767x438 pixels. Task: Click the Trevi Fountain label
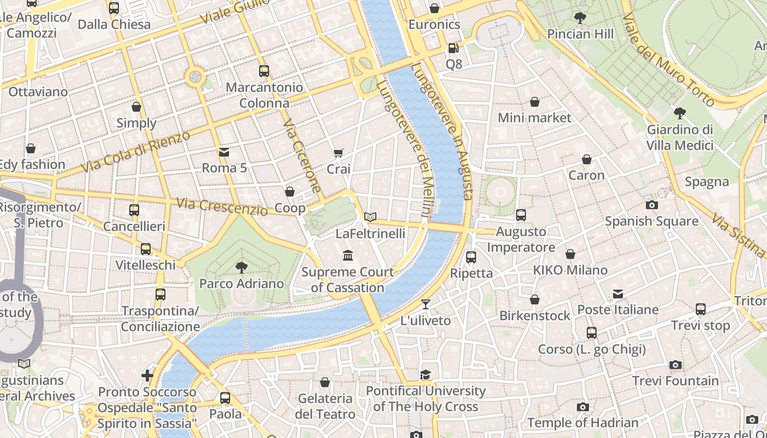(676, 381)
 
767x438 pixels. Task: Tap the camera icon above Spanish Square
(651, 205)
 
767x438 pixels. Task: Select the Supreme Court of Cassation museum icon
(347, 256)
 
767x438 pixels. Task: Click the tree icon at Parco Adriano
(241, 267)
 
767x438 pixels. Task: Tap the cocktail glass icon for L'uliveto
(426, 304)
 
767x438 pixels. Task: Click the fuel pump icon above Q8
(453, 48)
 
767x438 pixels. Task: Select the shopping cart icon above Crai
(339, 153)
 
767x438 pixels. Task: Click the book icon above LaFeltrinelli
(370, 217)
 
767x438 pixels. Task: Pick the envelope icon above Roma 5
(224, 152)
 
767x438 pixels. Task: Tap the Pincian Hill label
(580, 34)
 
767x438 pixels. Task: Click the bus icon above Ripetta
(471, 257)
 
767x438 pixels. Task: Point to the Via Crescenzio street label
(222, 206)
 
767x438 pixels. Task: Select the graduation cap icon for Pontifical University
(425, 374)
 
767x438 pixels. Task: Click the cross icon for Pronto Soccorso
(147, 376)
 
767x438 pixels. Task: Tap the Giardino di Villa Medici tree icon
(679, 113)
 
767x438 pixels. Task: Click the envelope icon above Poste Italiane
(618, 294)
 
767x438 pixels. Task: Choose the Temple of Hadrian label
(583, 423)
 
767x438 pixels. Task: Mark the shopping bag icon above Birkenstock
(535, 299)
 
